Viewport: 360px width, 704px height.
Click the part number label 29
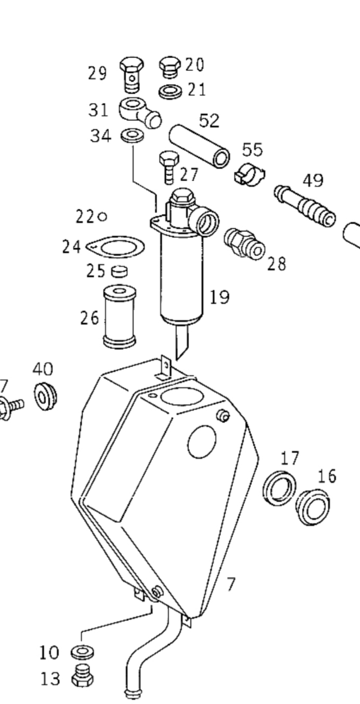97,73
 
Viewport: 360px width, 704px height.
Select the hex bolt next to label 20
170,67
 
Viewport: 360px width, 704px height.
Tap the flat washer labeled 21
170,92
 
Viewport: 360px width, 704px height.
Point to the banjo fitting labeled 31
139,113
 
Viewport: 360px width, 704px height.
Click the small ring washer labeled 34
133,135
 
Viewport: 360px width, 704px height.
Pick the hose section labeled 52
199,146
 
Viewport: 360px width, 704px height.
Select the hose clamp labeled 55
249,175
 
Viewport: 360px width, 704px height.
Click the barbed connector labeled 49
305,205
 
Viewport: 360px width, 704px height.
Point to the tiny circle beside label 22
102,216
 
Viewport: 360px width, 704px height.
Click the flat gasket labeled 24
115,247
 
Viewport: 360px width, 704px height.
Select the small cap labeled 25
120,271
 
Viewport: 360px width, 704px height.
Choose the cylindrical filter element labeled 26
119,316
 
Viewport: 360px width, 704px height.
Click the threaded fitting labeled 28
245,244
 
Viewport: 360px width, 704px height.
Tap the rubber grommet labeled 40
46,396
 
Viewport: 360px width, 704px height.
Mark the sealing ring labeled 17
279,488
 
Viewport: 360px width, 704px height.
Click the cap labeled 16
313,507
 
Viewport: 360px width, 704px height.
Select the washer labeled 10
82,652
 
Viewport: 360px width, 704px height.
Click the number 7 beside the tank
231,584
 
